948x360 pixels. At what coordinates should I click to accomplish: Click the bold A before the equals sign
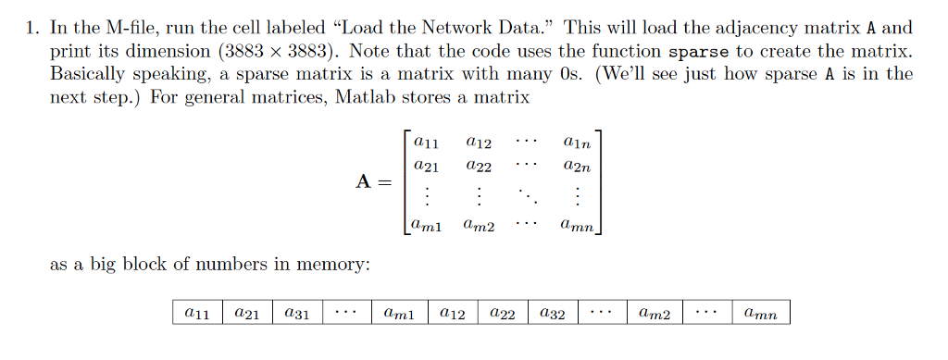pyautogui.click(x=366, y=182)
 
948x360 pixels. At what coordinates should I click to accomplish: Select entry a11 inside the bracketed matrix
pyautogui.click(x=427, y=143)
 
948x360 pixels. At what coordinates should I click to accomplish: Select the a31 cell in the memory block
pyautogui.click(x=295, y=314)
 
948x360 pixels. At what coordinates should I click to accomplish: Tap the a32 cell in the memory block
pyautogui.click(x=552, y=314)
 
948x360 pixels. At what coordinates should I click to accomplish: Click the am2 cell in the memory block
pyautogui.click(x=655, y=314)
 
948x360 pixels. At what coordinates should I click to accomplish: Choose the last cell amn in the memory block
pyautogui.click(x=761, y=314)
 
